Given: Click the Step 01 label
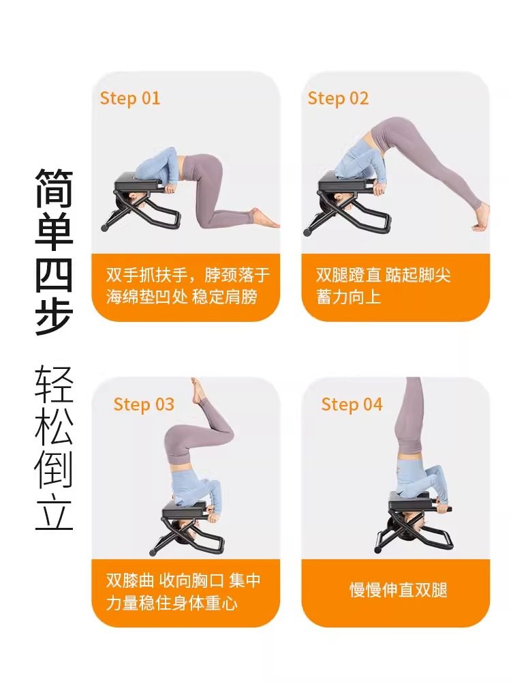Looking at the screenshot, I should click(129, 98).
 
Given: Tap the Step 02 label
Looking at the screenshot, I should click(338, 98).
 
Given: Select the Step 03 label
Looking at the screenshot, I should click(144, 404).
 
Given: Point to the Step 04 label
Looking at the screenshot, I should click(352, 404).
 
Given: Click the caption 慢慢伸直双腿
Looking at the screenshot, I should click(399, 590).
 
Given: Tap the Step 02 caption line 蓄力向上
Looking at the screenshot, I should click(348, 297).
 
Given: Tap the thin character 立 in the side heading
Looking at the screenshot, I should click(54, 512).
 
